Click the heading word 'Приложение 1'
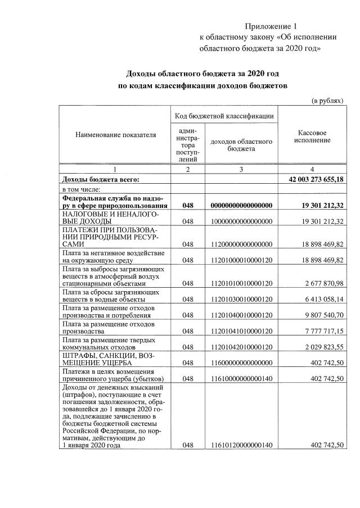(x=270, y=26)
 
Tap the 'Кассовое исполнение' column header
(x=312, y=137)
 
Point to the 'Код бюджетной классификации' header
(x=224, y=116)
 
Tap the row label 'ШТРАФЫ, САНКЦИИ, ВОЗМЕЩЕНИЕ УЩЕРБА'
(x=107, y=359)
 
